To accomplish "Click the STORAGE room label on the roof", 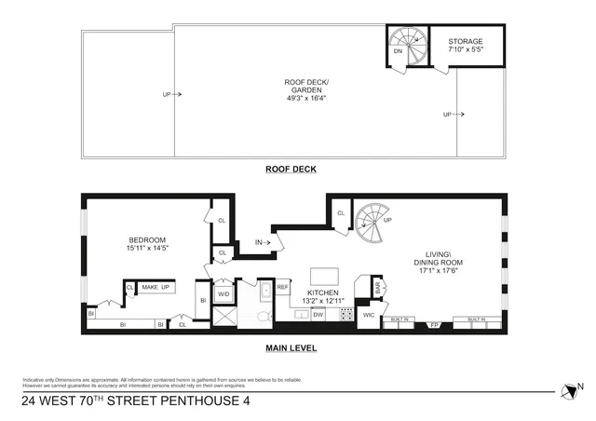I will [466, 42].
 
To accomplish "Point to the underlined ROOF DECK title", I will [291, 169].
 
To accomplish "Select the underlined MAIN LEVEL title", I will [291, 348].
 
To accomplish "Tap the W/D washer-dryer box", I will [223, 294].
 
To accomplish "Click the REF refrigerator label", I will [282, 288].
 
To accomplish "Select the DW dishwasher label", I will [318, 315].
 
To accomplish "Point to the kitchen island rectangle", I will [323, 277].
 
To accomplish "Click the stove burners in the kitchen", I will [345, 315].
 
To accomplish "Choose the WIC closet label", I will [369, 316].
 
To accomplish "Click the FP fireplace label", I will [432, 324].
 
